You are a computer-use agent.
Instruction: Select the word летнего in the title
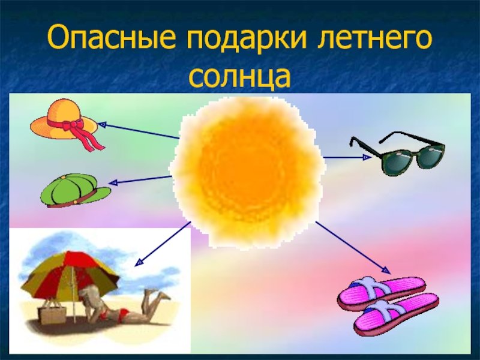click(x=374, y=39)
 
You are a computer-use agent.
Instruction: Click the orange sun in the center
click(x=247, y=172)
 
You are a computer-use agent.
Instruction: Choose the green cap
click(x=74, y=190)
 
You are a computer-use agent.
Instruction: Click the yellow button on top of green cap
click(x=63, y=177)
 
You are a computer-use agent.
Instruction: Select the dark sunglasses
click(x=398, y=153)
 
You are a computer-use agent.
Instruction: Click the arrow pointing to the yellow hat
click(x=139, y=131)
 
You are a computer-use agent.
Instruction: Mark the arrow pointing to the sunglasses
click(x=347, y=157)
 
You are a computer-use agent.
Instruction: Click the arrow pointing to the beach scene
click(x=163, y=243)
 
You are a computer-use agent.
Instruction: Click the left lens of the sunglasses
click(x=395, y=160)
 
